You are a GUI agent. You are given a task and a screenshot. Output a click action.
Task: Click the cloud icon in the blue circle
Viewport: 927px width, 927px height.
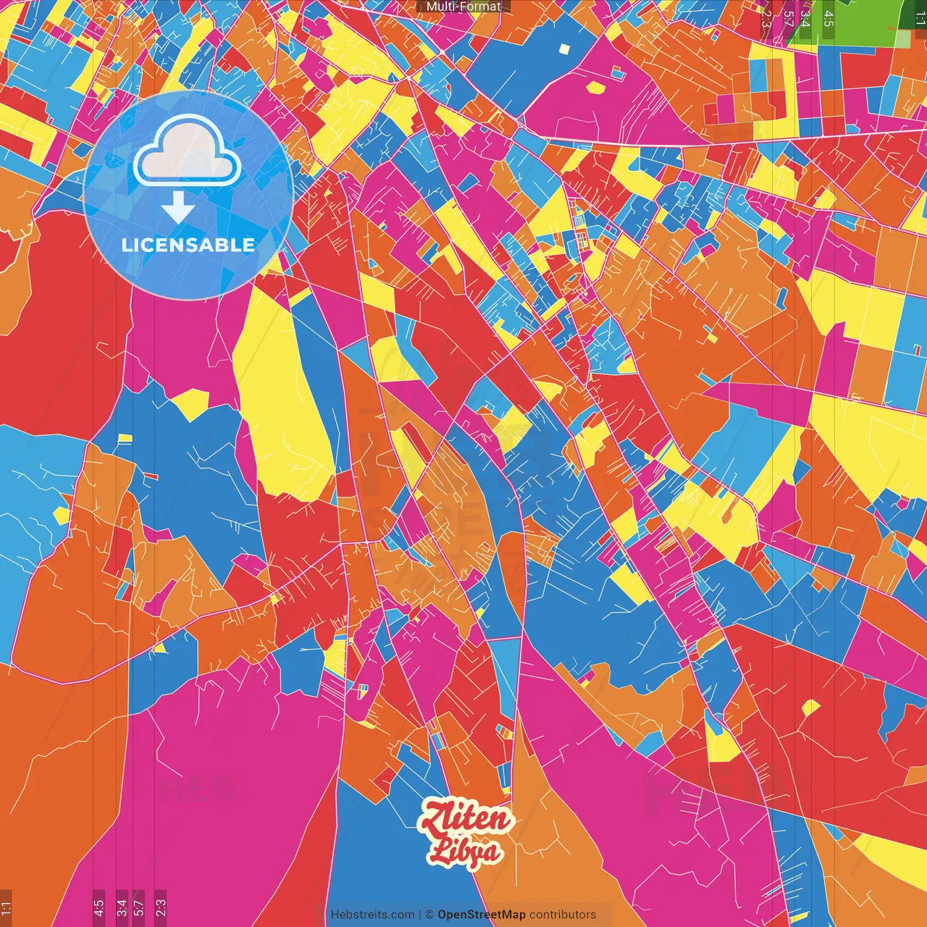tap(187, 151)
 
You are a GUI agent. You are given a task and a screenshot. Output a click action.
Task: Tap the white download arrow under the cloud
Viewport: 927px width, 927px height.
tap(178, 209)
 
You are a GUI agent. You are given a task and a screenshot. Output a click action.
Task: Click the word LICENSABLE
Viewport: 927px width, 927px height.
tap(188, 245)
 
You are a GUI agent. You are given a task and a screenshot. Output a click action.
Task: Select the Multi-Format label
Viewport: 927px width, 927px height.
tap(463, 7)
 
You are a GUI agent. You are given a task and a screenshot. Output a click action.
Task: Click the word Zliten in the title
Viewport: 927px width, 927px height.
tap(466, 819)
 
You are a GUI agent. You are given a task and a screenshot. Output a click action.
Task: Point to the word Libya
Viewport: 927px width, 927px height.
tap(463, 851)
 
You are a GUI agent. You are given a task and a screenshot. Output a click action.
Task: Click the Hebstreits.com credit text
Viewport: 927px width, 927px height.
tap(372, 915)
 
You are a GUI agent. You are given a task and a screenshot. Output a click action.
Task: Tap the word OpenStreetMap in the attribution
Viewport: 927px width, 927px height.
tap(481, 915)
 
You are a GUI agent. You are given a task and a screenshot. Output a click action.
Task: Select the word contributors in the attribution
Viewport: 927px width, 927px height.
tap(563, 915)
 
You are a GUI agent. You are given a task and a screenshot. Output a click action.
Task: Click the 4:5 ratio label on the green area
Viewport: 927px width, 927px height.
tap(828, 18)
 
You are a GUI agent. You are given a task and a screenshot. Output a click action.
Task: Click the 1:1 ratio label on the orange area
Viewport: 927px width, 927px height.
tap(6, 907)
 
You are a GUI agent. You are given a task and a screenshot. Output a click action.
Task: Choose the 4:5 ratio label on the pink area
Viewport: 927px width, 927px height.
tap(98, 907)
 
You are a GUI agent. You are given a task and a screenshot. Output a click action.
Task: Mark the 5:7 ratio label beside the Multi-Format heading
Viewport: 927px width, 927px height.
tap(787, 17)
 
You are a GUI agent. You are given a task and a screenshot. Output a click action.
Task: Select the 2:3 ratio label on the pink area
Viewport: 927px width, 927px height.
tap(161, 907)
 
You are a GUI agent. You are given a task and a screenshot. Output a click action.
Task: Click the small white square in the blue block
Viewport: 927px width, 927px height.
tap(565, 49)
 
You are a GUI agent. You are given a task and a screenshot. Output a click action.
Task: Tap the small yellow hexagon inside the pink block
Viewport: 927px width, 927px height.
tap(595, 88)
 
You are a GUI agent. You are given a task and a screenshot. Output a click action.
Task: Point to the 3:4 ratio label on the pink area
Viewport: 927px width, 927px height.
tap(122, 907)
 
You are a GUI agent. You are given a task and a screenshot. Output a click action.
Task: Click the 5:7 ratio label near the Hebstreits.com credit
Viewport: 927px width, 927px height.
tap(139, 907)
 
